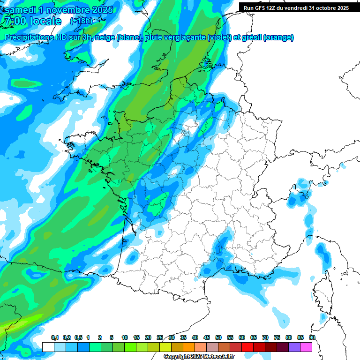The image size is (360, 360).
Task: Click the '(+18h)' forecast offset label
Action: (81, 21)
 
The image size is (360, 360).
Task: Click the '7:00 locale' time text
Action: (32, 21)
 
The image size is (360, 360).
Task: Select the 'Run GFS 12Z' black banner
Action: (296, 7)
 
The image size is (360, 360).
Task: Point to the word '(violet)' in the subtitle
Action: (220, 37)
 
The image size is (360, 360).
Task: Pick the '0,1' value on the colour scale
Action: (55, 338)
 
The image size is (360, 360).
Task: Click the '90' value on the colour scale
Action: (312, 338)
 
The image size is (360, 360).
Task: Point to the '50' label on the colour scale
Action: (218, 338)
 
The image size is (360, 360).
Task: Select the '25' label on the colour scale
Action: (160, 338)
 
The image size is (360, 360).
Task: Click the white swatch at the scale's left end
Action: (48, 347)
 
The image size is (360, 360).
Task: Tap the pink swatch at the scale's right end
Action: (306, 347)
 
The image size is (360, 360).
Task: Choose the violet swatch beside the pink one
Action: (294, 347)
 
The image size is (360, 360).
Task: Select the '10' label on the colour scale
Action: (125, 338)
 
